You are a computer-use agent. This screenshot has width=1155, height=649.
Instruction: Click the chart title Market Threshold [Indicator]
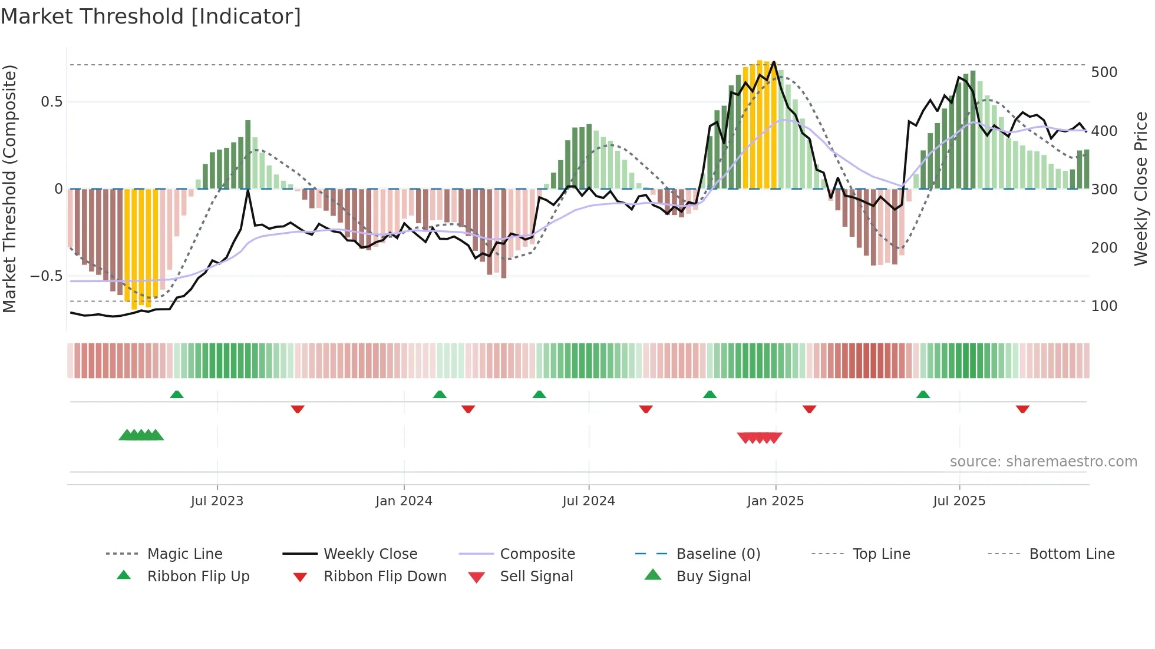tap(151, 16)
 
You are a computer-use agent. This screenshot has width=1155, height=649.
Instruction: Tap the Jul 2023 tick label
tap(217, 501)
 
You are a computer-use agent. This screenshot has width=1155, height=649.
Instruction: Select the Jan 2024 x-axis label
tap(404, 501)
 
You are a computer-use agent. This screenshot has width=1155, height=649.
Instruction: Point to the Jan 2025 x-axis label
tap(775, 501)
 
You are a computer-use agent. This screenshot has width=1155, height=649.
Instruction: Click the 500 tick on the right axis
tap(1104, 72)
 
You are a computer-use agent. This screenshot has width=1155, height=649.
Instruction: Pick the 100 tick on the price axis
tap(1104, 306)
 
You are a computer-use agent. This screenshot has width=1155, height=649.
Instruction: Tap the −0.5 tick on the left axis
tap(46, 276)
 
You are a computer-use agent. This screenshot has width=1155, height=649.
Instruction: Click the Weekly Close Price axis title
tap(1141, 188)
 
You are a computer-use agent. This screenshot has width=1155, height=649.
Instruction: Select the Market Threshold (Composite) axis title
tap(9, 188)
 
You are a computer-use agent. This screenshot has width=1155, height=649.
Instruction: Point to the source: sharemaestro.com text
tap(1043, 462)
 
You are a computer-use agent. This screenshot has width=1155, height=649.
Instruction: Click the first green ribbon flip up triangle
tap(177, 395)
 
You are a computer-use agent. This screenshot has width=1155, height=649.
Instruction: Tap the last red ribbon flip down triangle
tap(1022, 409)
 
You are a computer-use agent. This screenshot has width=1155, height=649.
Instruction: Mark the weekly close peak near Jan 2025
tap(774, 62)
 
